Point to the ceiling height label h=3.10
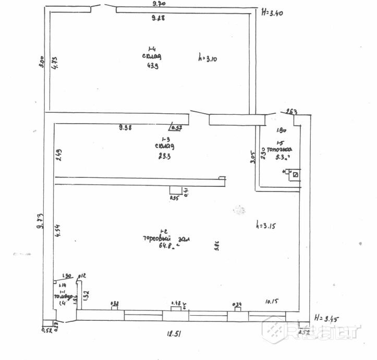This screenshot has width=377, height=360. [209, 59]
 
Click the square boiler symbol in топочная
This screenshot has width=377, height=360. [296, 175]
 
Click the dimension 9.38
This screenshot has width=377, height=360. [125, 127]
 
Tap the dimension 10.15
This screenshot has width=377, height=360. [273, 301]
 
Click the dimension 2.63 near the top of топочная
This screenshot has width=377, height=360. [291, 111]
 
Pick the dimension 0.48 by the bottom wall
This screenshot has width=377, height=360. [176, 303]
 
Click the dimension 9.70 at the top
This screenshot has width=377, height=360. [159, 4]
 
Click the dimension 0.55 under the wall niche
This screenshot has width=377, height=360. [174, 198]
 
